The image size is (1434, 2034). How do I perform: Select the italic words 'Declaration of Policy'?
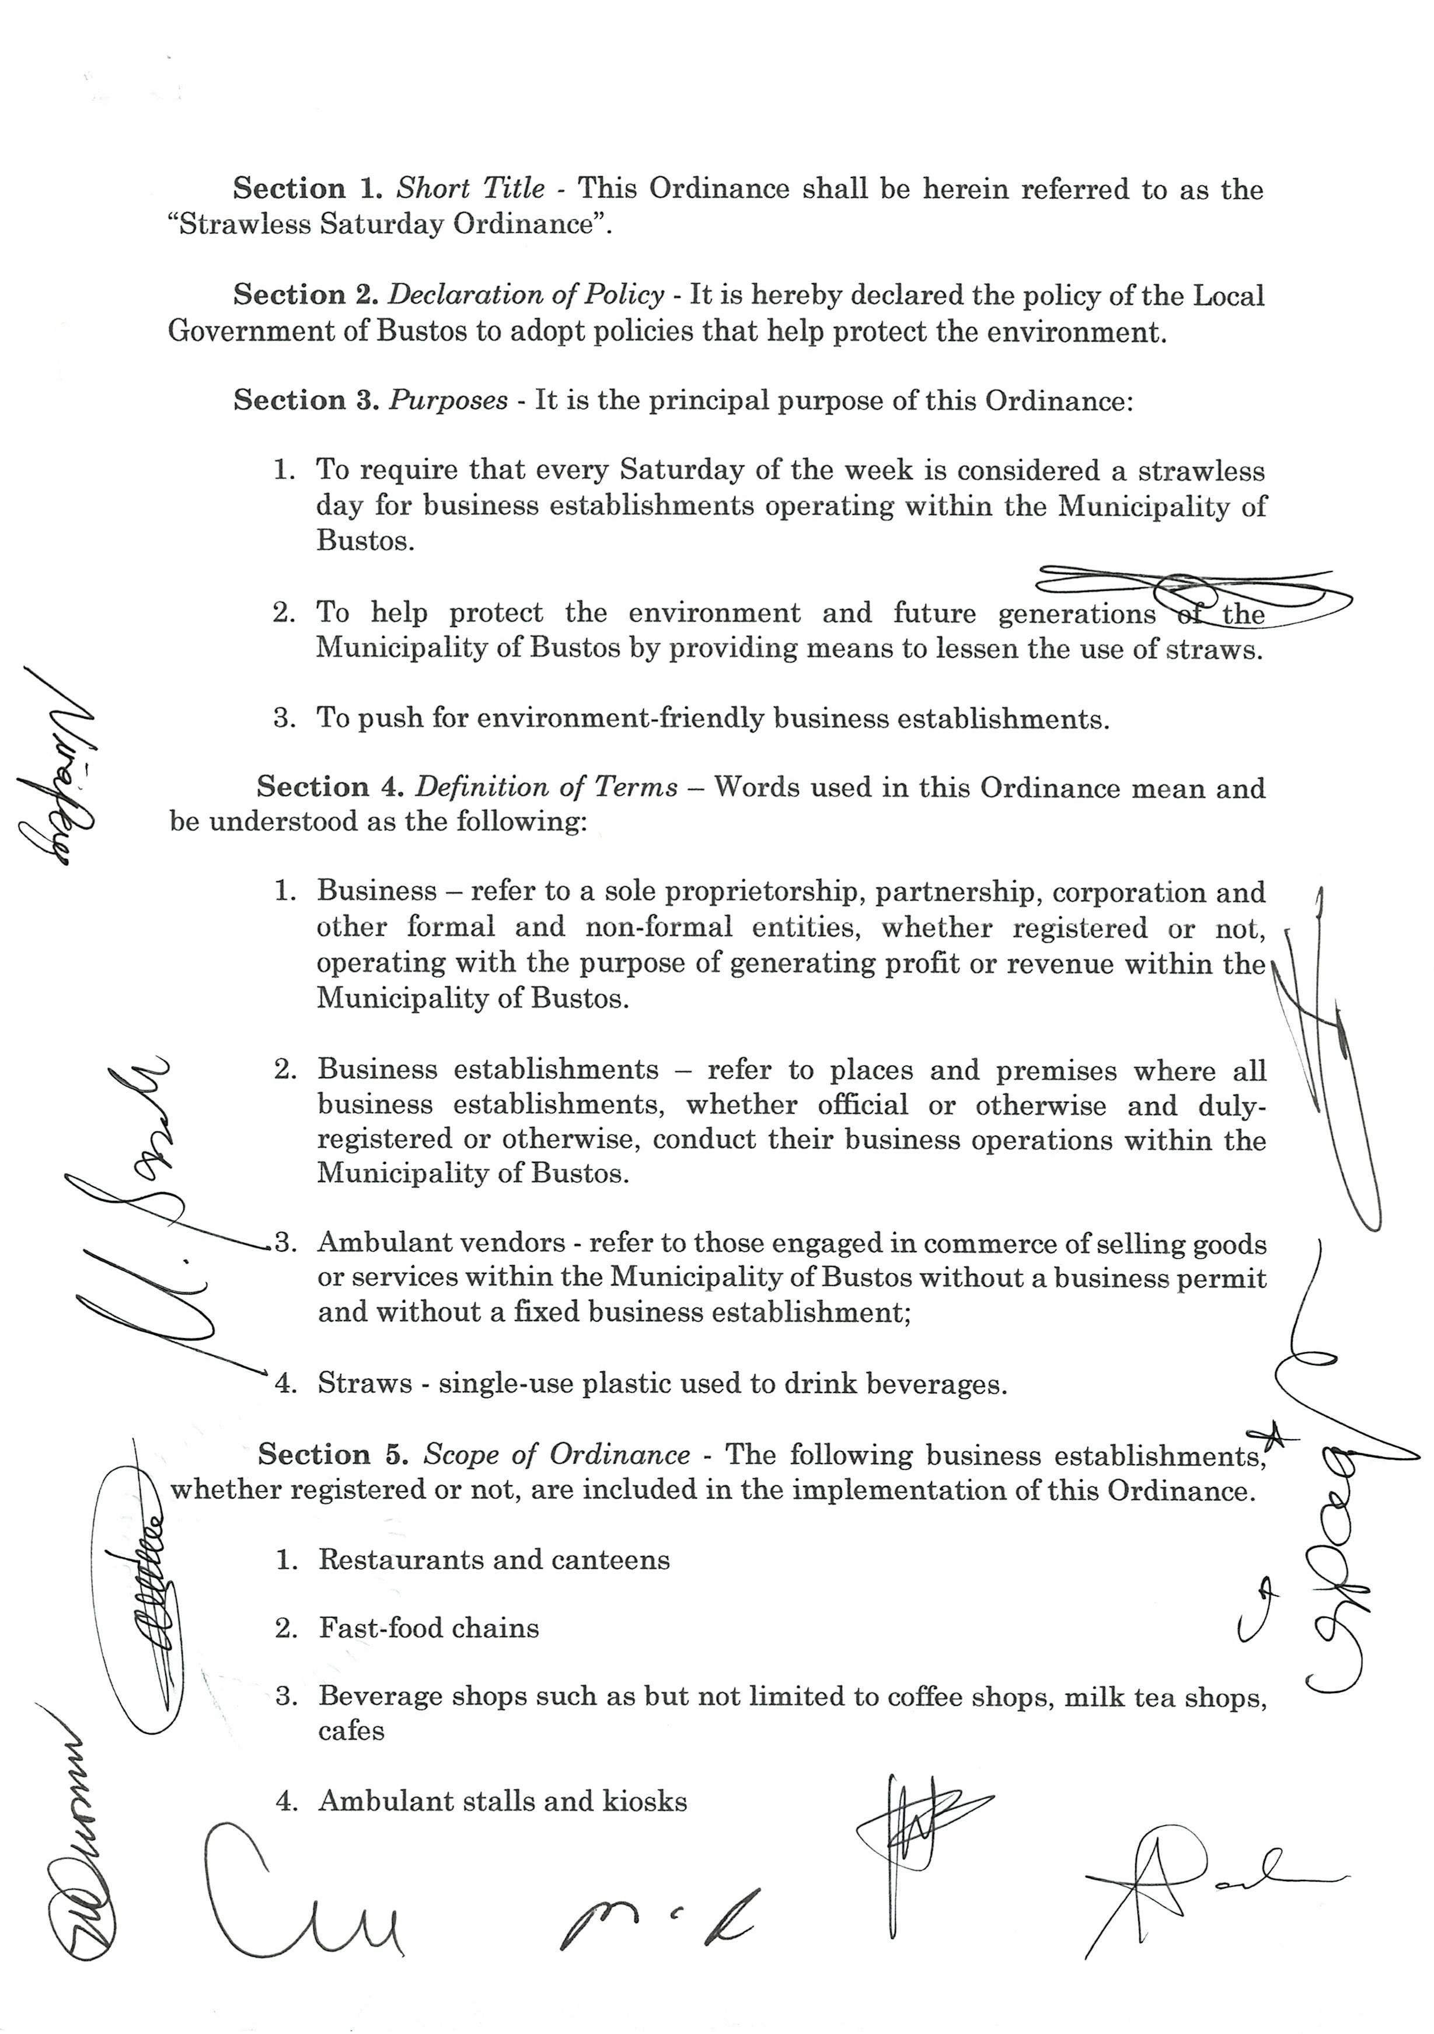pos(526,295)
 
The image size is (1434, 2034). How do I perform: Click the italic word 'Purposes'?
pos(448,400)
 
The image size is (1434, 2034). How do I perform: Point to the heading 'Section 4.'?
pos(330,786)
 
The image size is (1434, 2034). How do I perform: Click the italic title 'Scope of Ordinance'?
pos(556,1455)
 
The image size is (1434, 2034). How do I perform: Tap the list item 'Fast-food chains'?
pos(429,1628)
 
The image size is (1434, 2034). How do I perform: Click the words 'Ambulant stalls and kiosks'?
pos(502,1801)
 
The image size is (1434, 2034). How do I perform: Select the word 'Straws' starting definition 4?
pos(365,1384)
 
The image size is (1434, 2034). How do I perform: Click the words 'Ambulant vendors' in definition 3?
pos(441,1243)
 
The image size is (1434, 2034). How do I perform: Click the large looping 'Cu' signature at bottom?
pos(292,1896)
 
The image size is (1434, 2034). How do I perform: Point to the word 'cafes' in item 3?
pos(351,1731)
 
